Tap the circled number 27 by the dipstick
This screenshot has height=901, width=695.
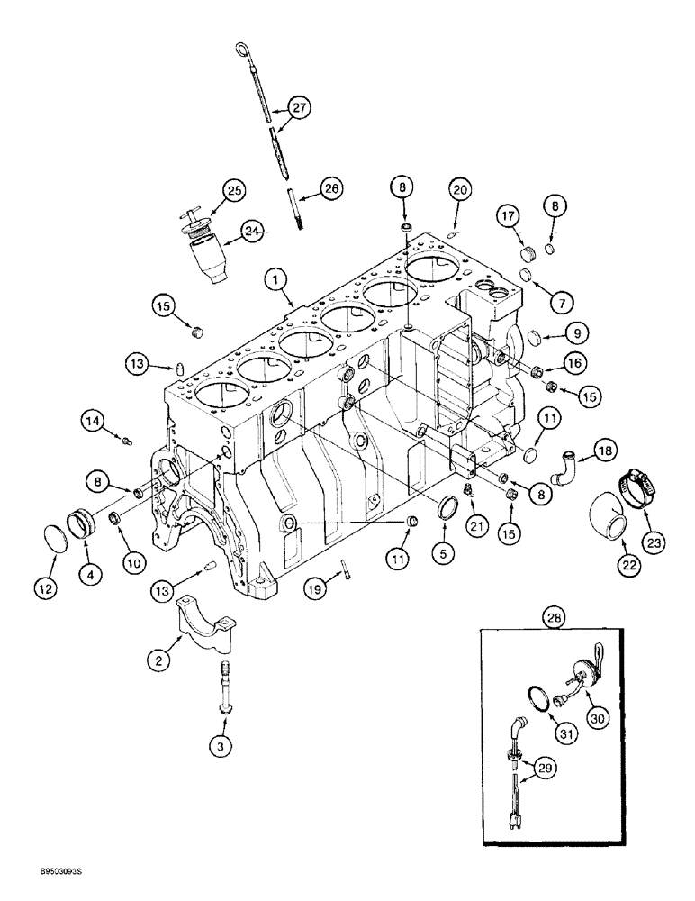(x=298, y=107)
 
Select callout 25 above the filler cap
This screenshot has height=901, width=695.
(x=235, y=190)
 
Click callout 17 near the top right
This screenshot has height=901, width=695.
(x=510, y=217)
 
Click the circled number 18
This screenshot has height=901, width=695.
(x=606, y=451)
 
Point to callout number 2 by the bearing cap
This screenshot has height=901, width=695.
(x=158, y=660)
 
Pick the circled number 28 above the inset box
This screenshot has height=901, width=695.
(x=555, y=618)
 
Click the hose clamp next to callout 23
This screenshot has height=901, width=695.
(x=636, y=486)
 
